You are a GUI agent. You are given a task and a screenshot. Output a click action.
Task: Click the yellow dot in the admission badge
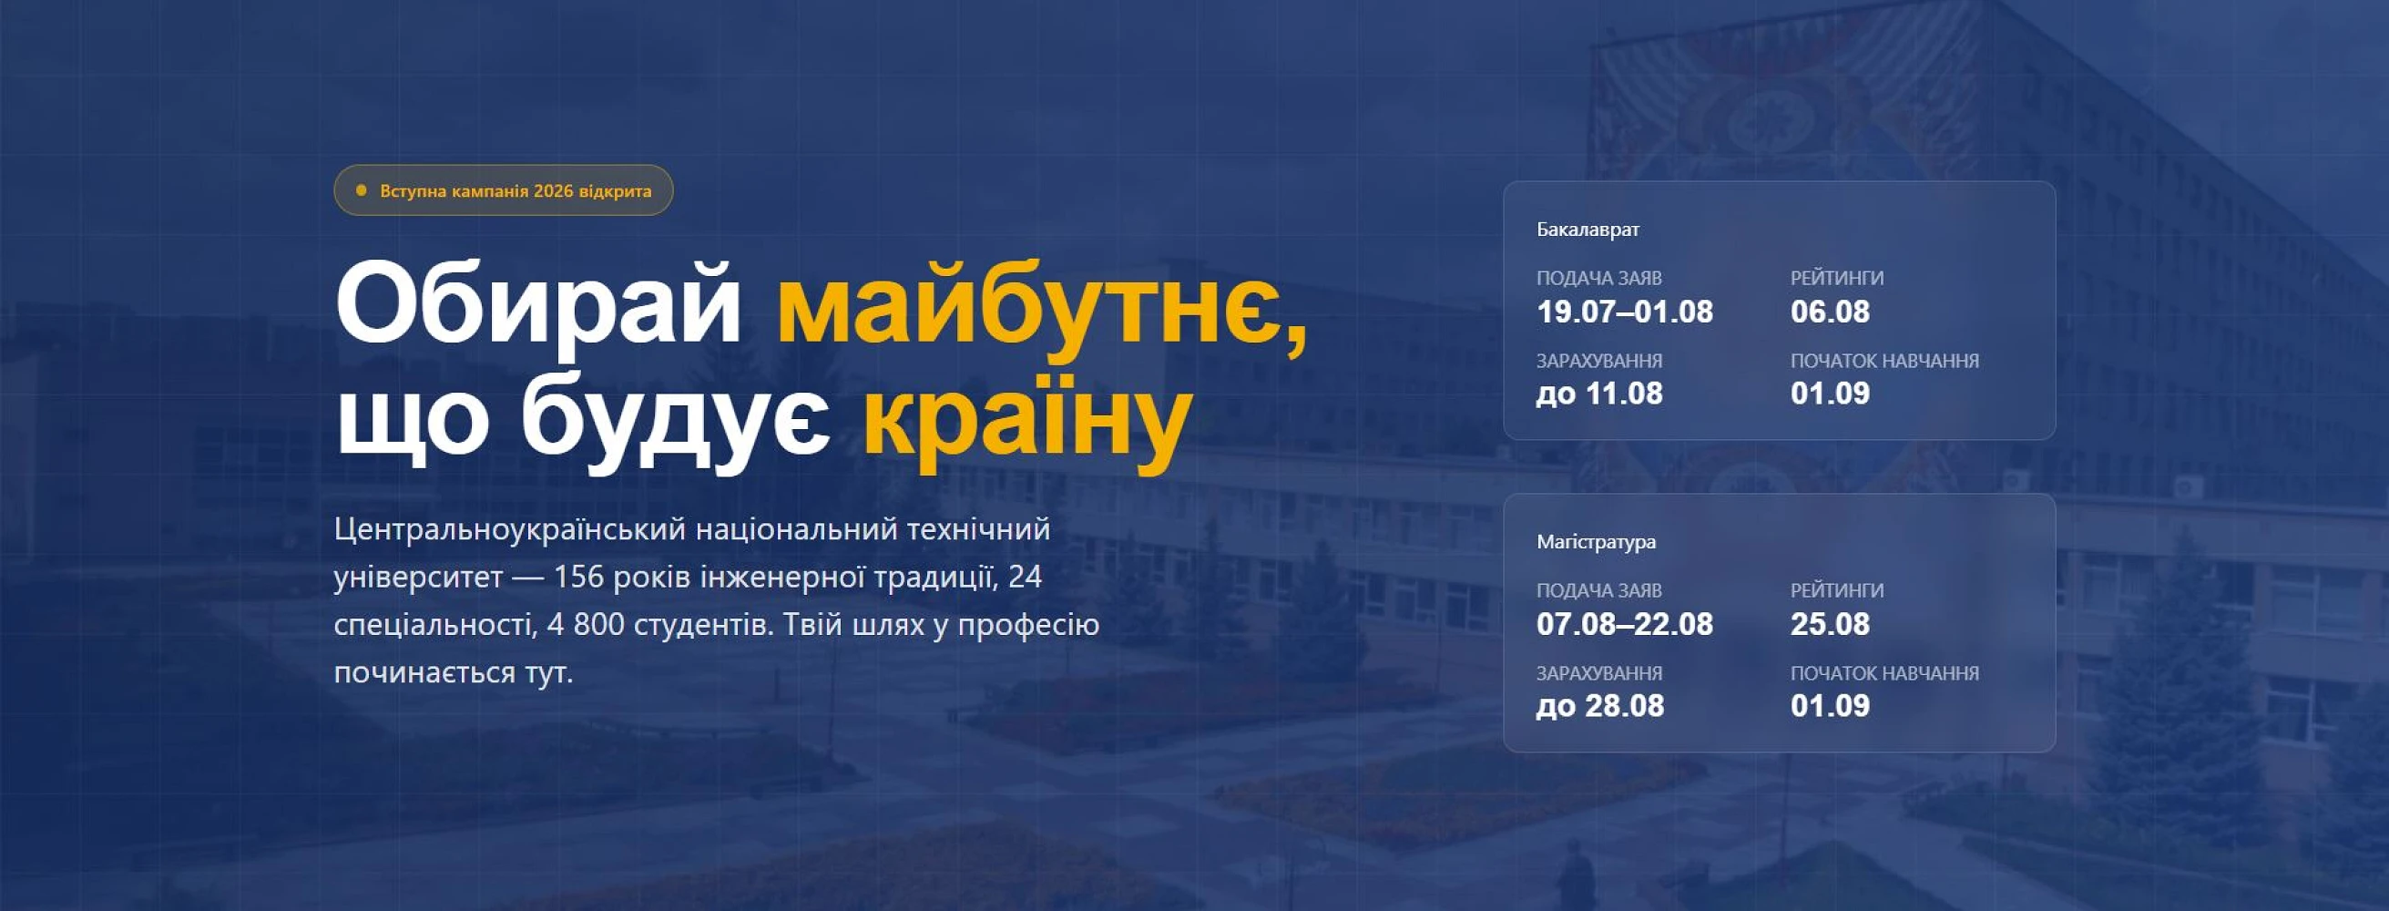click(x=362, y=190)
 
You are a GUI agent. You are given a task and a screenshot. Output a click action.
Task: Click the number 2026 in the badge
click(x=554, y=191)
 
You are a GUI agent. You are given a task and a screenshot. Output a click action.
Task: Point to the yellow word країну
click(x=1026, y=418)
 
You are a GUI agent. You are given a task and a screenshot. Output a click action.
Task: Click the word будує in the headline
click(x=675, y=418)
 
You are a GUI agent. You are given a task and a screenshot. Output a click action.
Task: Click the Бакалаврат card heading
click(x=1588, y=230)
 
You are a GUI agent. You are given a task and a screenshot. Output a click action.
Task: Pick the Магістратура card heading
click(x=1596, y=542)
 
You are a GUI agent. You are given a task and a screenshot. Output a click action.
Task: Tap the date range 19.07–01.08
click(x=1625, y=312)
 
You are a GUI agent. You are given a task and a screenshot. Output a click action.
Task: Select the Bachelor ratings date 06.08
click(x=1830, y=312)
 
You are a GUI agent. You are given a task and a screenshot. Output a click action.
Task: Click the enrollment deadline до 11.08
click(x=1599, y=394)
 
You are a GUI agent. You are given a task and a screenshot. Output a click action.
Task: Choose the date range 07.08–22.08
click(x=1625, y=624)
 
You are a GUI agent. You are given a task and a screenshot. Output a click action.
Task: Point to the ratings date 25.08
click(x=1830, y=624)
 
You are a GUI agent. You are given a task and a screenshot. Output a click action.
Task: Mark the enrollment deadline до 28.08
click(x=1599, y=706)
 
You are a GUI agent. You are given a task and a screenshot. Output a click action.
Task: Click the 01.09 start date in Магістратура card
click(x=1830, y=706)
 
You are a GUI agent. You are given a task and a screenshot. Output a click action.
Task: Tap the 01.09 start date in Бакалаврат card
click(x=1830, y=394)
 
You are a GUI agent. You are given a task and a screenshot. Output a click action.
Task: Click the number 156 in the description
click(x=579, y=577)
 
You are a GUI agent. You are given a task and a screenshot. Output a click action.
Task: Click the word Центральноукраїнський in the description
click(x=510, y=529)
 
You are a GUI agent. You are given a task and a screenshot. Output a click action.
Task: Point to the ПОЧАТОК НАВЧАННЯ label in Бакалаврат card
click(x=1884, y=361)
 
